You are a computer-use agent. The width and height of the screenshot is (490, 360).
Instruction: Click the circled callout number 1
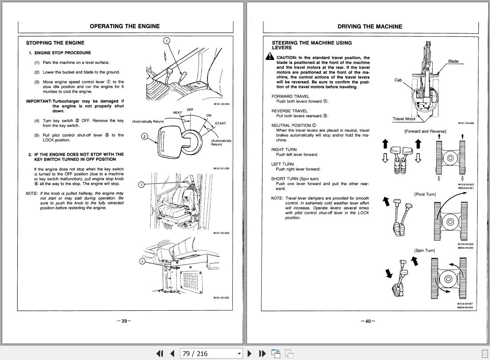pos(167,41)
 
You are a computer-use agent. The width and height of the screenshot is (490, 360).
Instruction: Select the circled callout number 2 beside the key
pos(144,136)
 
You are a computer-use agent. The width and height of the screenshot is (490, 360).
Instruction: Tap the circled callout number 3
pos(141,185)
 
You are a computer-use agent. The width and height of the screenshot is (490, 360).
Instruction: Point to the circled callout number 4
pos(143,261)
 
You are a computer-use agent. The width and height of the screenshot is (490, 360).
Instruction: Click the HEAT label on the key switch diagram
pos(177,113)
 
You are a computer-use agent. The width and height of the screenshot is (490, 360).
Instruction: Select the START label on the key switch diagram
pos(220,123)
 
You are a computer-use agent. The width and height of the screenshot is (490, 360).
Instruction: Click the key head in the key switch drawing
pos(170,143)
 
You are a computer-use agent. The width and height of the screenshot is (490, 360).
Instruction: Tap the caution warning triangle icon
pos(270,57)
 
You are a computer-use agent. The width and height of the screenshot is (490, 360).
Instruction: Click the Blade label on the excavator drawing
pos(453,61)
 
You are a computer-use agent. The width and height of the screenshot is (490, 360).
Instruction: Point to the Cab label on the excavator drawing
pos(398,80)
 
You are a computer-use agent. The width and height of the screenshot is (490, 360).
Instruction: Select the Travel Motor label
pos(404,119)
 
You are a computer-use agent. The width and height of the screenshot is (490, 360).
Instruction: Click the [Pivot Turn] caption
pos(425,194)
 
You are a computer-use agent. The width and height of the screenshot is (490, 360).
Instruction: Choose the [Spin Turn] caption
pos(424,250)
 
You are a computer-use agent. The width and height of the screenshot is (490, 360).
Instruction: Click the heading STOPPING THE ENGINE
pos(55,43)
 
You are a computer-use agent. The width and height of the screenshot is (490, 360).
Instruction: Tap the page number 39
pos(124,321)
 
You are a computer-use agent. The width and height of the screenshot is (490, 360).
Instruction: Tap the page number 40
pos(368,321)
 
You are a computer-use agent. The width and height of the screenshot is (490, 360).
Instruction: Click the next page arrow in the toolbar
pos(249,353)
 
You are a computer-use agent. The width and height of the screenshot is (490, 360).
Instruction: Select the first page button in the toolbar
pos(159,353)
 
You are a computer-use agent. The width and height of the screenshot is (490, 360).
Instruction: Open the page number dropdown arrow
pos(239,354)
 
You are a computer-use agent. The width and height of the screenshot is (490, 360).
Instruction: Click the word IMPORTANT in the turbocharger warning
pos(39,101)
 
